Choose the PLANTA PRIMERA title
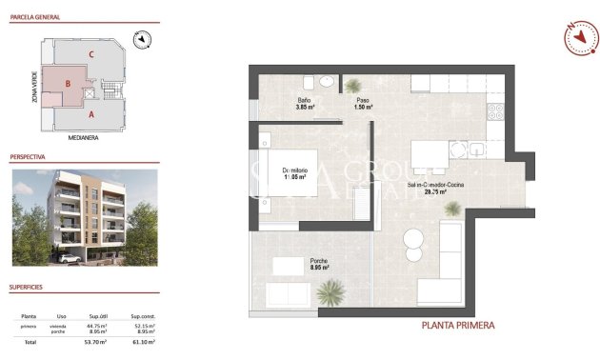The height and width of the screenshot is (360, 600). [x=458, y=326]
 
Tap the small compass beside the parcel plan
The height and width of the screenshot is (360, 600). [x=144, y=39]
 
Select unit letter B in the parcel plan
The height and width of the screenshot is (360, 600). [x=68, y=84]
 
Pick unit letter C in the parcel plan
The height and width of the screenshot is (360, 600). [x=90, y=54]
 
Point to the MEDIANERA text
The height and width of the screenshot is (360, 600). [x=85, y=137]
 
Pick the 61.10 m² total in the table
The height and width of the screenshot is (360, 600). [x=144, y=341]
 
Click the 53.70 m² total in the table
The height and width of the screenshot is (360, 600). [x=96, y=341]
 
